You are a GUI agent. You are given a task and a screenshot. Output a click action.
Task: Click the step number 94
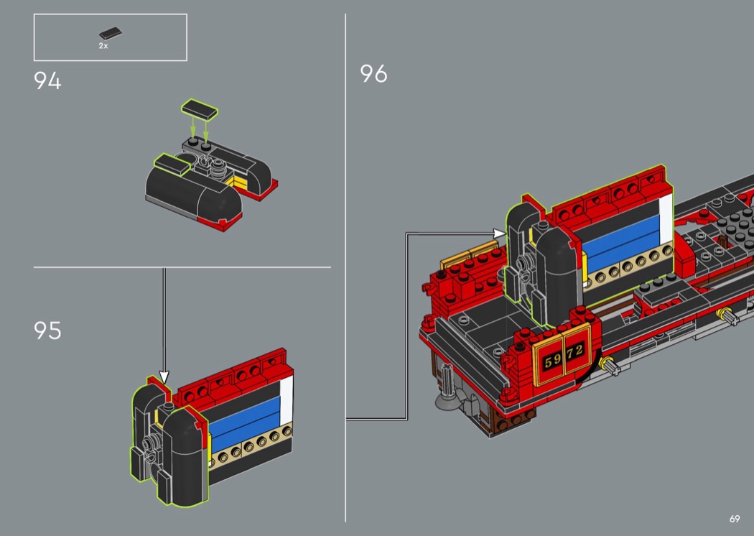(x=47, y=81)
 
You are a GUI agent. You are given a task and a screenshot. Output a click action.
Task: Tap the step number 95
(x=47, y=331)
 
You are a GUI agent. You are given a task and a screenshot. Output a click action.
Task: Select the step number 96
(x=373, y=73)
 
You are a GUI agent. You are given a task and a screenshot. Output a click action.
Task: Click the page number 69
(x=735, y=519)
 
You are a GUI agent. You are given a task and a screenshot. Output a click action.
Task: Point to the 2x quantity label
(x=103, y=46)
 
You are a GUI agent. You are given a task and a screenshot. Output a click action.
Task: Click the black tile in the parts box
(x=111, y=33)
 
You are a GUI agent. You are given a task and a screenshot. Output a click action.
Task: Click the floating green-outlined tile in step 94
(x=200, y=110)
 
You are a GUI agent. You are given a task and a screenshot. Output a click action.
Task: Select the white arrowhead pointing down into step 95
(x=164, y=376)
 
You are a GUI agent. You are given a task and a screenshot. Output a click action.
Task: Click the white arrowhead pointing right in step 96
(x=500, y=234)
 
